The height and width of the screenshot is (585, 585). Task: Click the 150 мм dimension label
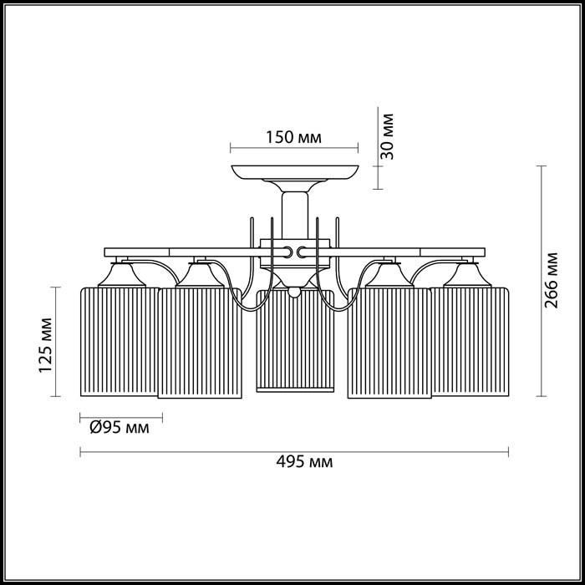293,138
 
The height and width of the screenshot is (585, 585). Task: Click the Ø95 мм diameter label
119,428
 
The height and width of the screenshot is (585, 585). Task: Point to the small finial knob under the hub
293,292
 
